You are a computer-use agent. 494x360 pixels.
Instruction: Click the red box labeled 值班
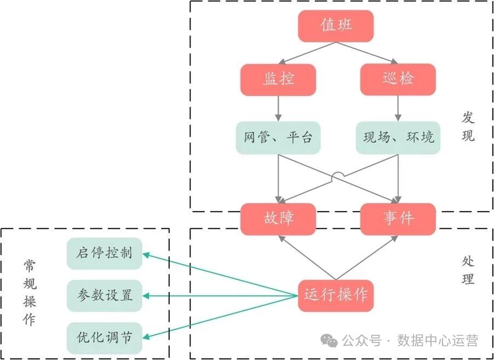point(336,26)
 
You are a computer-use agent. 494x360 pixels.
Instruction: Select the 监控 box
point(278,79)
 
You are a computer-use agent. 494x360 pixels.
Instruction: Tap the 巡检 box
point(398,79)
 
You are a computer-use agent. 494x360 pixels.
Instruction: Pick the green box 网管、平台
point(278,137)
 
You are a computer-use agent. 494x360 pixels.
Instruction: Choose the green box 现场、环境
point(398,137)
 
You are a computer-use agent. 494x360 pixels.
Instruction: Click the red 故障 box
point(278,219)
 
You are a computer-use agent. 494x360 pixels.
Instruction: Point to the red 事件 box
point(398,219)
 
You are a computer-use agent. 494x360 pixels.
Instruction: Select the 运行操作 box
point(336,296)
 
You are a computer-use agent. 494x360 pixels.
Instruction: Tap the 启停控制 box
point(105,254)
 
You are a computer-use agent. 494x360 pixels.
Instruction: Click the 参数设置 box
point(105,296)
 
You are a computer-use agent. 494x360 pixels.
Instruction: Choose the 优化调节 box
point(105,338)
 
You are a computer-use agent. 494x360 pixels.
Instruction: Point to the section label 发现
point(468,127)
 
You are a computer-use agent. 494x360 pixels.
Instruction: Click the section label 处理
point(468,270)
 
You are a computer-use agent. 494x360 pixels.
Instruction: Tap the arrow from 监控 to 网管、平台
point(278,108)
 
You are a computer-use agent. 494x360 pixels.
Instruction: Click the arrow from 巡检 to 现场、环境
point(398,108)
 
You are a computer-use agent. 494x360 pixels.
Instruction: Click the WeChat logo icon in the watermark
point(330,341)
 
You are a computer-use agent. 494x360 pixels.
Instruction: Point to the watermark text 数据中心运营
point(438,341)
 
